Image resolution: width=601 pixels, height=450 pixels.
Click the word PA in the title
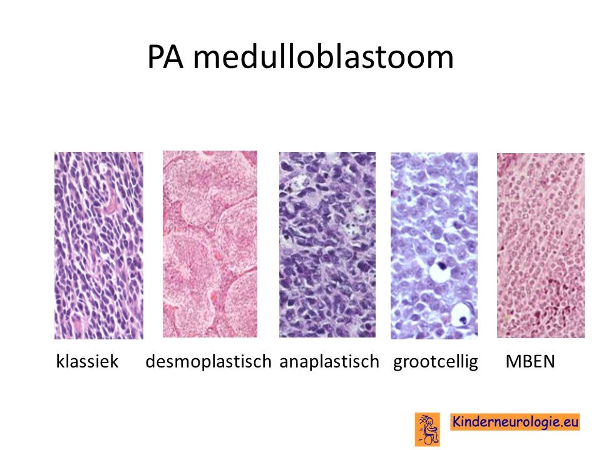[x=165, y=57]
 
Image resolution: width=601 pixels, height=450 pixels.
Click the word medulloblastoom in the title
[x=323, y=57]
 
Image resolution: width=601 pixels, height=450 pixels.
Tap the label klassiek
[x=88, y=361]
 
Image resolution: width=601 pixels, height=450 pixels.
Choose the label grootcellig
[x=436, y=362]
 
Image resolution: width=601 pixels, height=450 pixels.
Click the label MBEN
[x=530, y=361]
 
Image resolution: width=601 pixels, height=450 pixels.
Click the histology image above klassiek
[x=99, y=245]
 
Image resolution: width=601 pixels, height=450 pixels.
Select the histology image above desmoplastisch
[x=210, y=244]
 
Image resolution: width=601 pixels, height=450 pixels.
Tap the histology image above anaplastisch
[x=327, y=244]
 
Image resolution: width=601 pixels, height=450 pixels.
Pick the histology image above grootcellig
[x=434, y=246]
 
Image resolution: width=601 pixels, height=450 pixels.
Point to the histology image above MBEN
[x=541, y=245]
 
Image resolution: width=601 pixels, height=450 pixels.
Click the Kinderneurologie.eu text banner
[x=515, y=422]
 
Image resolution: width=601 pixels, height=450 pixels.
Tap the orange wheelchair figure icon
[x=428, y=429]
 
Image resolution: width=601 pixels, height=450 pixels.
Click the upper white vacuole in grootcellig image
[x=439, y=271]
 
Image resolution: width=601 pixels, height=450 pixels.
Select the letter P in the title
[x=156, y=57]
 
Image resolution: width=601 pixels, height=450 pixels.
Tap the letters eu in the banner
[x=568, y=422]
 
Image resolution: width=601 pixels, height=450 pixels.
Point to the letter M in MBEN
[x=513, y=361]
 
